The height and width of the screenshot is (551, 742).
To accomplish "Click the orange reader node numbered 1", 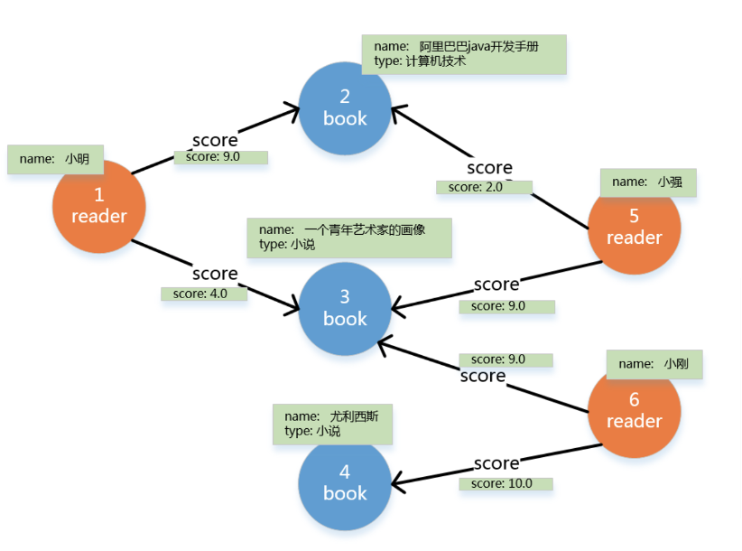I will [99, 206].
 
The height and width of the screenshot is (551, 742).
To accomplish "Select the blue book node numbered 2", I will [345, 107].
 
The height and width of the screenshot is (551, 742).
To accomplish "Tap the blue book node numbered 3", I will [345, 308].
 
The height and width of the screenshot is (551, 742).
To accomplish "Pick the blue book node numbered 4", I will [345, 482].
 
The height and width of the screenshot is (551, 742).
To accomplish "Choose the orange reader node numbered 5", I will [634, 228].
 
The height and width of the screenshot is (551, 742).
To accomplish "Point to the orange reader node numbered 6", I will [634, 410].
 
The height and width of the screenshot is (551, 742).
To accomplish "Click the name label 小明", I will [55, 159].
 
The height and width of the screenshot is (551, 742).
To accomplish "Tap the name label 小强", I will [648, 182].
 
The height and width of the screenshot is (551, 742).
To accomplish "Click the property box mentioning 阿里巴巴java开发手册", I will [463, 54].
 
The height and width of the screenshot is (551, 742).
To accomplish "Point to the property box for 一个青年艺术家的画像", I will [348, 237].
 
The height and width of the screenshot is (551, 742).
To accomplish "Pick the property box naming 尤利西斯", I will [332, 424].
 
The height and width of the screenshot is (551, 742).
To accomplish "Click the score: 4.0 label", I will [204, 294].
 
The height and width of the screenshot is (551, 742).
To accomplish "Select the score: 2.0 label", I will [484, 187].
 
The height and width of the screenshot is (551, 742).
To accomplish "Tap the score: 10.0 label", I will [505, 483].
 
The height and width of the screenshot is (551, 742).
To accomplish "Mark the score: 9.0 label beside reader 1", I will [220, 156].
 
